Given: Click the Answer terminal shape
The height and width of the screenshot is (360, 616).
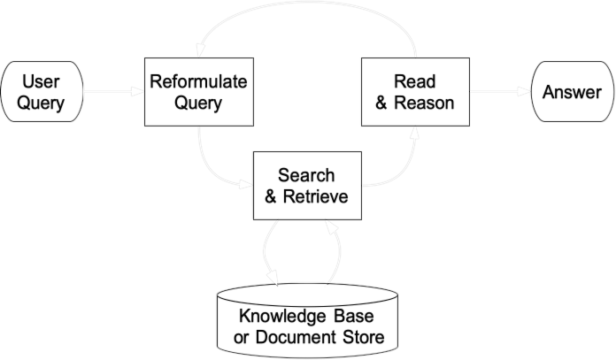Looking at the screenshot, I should (x=571, y=93).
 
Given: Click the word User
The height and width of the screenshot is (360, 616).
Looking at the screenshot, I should (x=41, y=82).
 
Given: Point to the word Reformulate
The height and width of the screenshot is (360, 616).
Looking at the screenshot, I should (x=196, y=82).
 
